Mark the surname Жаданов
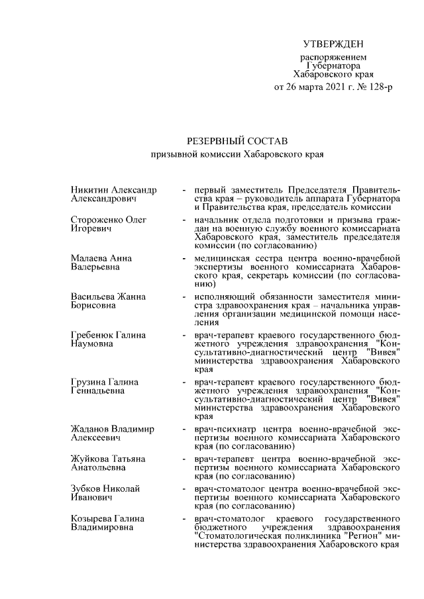coord(91,429)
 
